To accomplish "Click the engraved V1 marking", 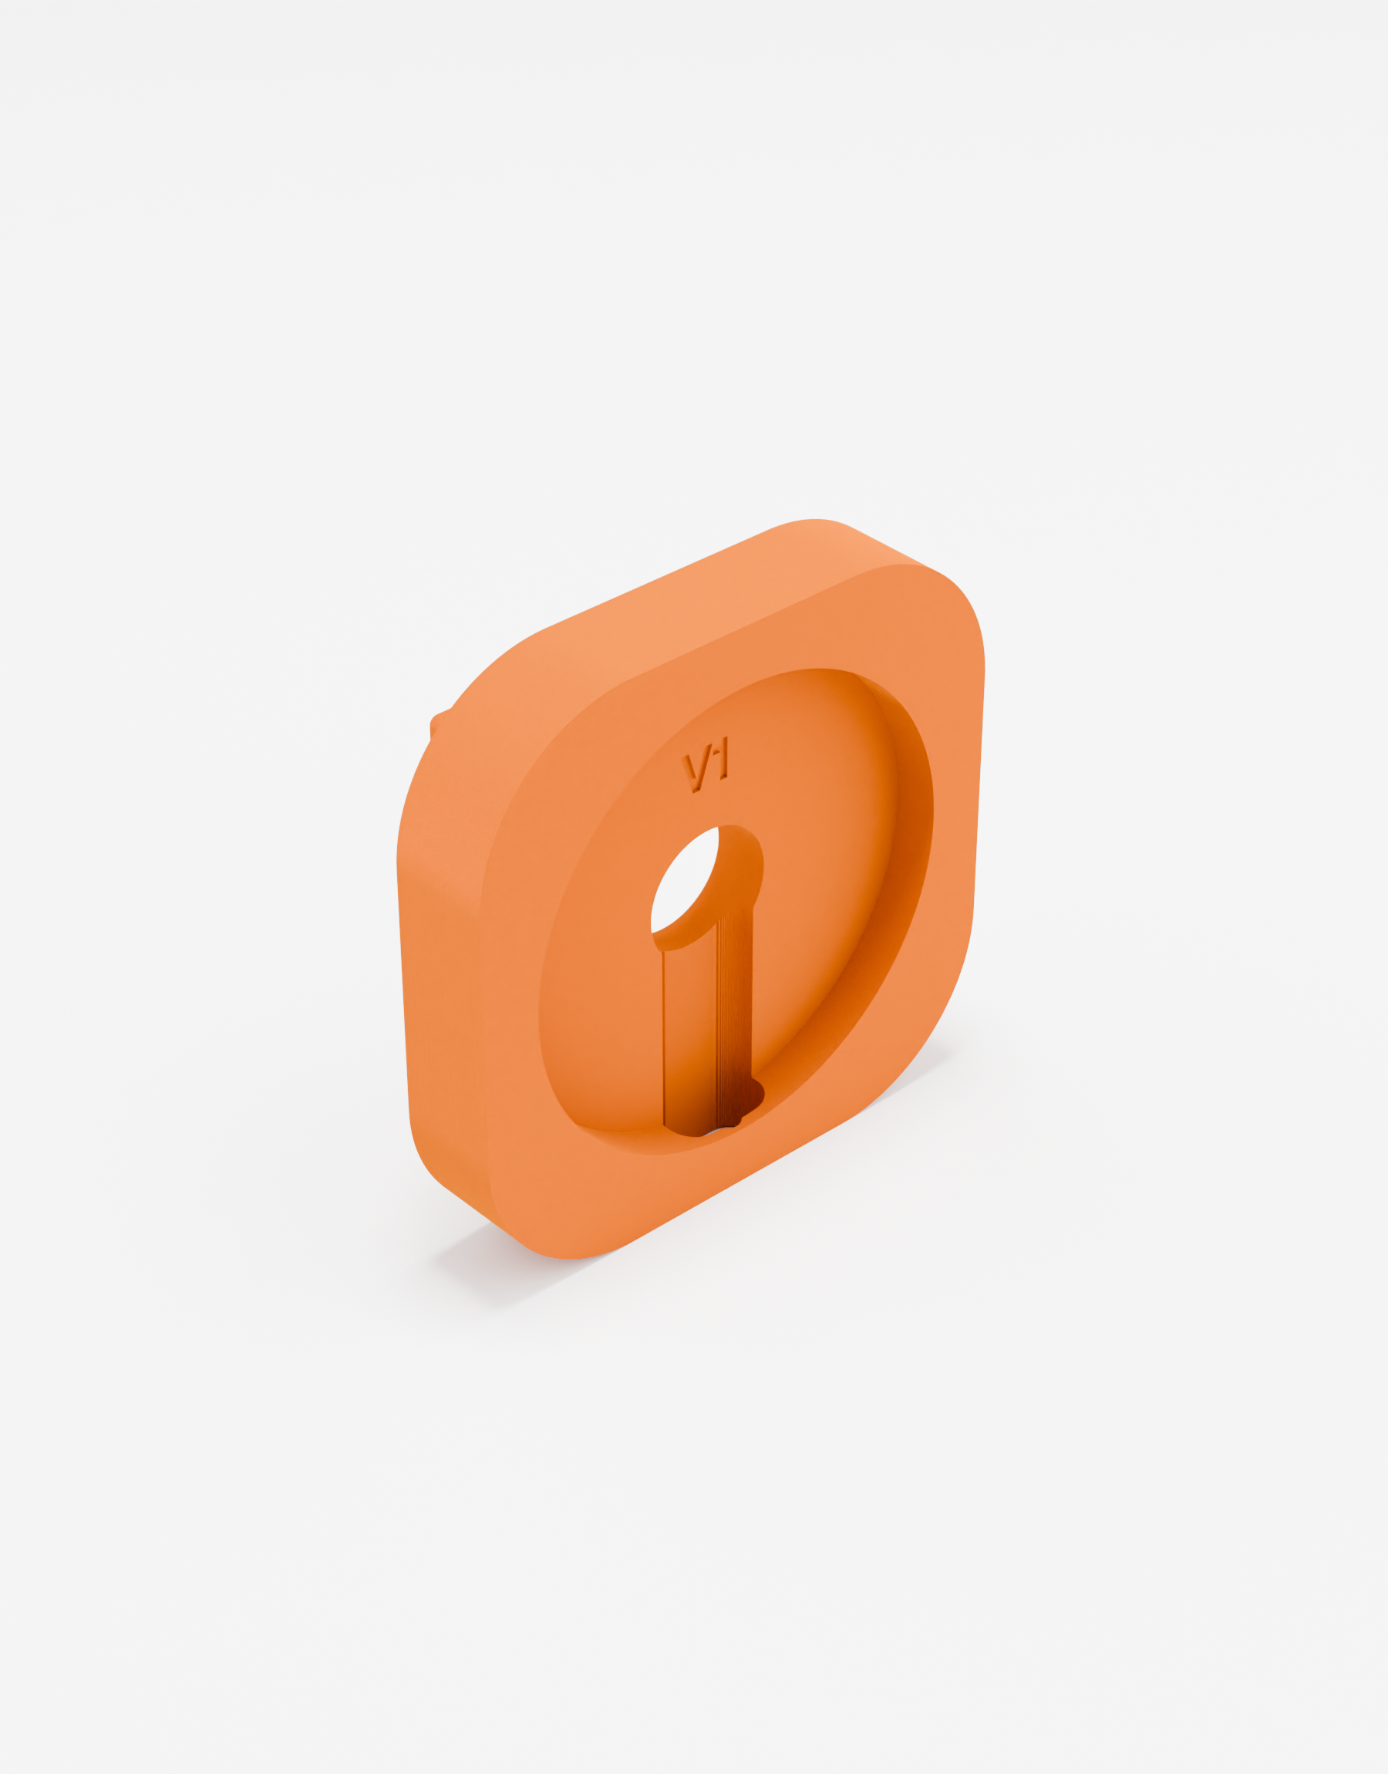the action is pyautogui.click(x=706, y=764).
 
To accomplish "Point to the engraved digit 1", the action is pyautogui.click(x=724, y=758).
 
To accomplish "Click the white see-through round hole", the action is pyautogui.click(x=684, y=880).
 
